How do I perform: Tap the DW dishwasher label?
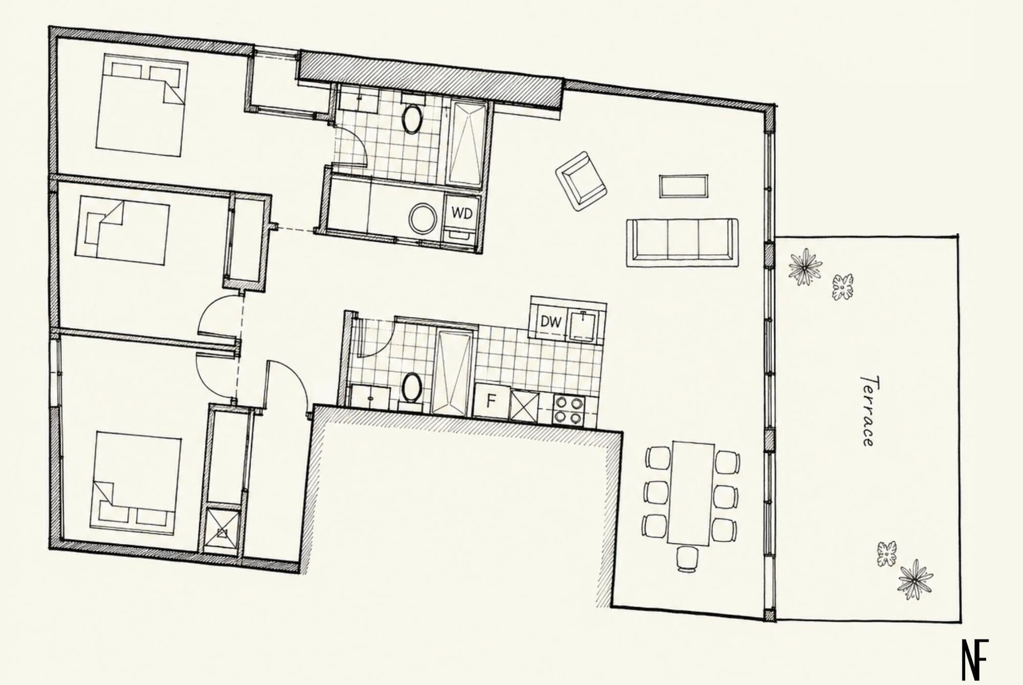(x=551, y=323)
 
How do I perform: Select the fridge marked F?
(x=491, y=401)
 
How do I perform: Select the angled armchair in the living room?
(x=581, y=181)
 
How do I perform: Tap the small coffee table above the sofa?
(x=684, y=185)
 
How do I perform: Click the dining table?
(x=691, y=493)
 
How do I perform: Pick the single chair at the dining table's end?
(x=687, y=558)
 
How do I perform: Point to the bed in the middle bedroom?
(x=122, y=230)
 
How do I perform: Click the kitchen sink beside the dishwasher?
(x=584, y=326)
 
